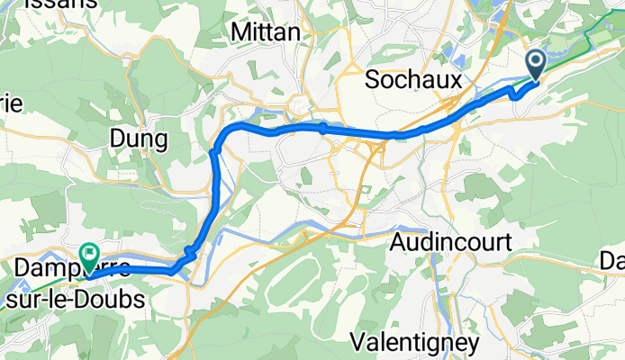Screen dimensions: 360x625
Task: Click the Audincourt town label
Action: [452, 242]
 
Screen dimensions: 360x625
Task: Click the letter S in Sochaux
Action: [372, 80]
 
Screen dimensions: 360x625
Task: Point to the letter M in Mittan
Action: [240, 31]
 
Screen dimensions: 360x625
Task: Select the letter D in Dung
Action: [116, 139]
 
